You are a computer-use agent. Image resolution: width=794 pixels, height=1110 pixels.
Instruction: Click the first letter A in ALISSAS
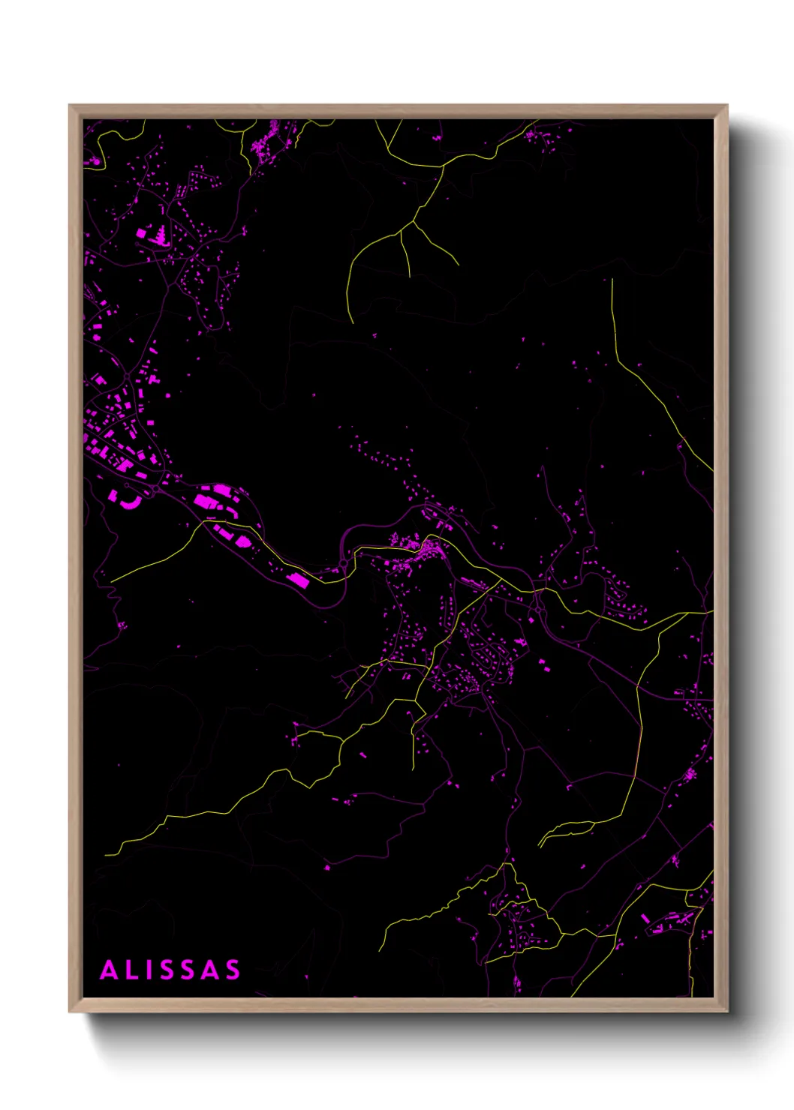pos(110,970)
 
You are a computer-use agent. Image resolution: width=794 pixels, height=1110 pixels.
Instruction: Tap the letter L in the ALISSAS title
pos(131,970)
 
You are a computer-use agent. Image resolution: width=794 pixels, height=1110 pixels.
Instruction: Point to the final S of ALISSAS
pos(231,970)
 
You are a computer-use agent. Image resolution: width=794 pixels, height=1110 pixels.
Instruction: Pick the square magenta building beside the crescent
pos(113,495)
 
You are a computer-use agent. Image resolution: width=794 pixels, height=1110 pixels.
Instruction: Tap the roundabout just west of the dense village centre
pos(344,562)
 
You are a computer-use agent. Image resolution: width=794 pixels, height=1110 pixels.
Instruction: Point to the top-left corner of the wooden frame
pos(70,106)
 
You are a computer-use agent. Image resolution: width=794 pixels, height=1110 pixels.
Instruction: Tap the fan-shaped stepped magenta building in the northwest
pos(159,237)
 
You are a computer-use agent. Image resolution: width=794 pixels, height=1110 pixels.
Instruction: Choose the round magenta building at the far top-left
pos(95,160)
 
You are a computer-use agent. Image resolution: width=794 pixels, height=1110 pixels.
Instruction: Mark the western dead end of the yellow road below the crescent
pos(111,582)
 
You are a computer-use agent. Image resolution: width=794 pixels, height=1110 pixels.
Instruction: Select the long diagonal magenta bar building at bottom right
pos(645,918)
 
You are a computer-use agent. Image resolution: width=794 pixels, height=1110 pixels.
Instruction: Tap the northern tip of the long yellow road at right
pos(612,280)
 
